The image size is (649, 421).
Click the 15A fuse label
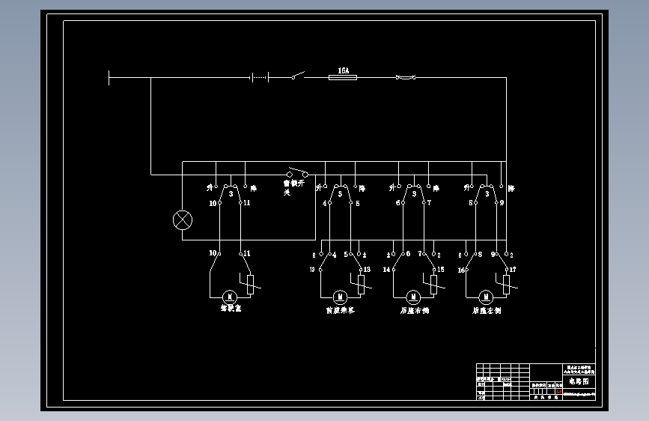pos(344,70)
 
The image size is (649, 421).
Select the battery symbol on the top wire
pos(258,76)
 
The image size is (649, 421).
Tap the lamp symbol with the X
pos(182,220)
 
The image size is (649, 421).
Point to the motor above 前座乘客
pos(338,297)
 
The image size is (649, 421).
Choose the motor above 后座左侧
pos(485,297)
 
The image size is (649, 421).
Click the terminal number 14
pos(387,269)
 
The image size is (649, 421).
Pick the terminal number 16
pos(462,269)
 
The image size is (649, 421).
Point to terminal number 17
pos(513,269)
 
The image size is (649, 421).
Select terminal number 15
pos(440,269)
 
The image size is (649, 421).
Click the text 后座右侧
pos(414,309)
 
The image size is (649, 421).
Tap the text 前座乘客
pos(341,309)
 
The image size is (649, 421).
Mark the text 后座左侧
pos(487,309)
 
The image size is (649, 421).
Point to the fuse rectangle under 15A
pos(344,76)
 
